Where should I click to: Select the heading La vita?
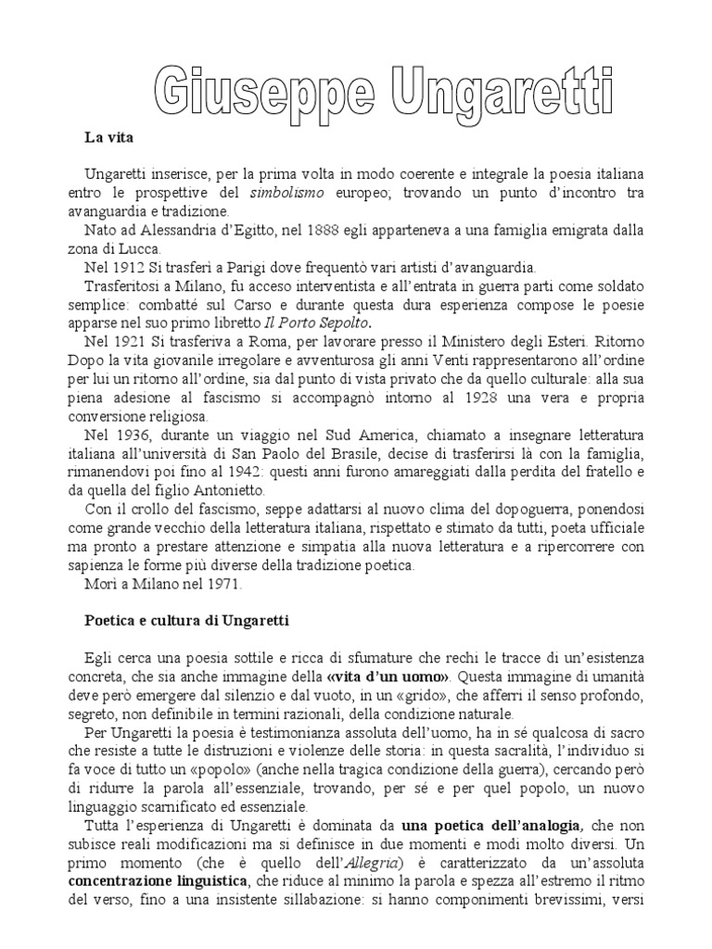click(110, 138)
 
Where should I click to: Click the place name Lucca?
click(141, 248)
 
